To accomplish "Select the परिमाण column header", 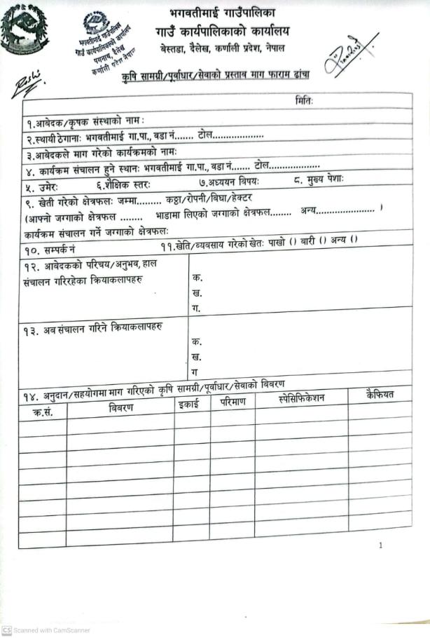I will [x=231, y=403].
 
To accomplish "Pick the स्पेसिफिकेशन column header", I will [x=301, y=399].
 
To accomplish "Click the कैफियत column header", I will [x=379, y=395].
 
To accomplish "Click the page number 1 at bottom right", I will [x=380, y=545].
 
